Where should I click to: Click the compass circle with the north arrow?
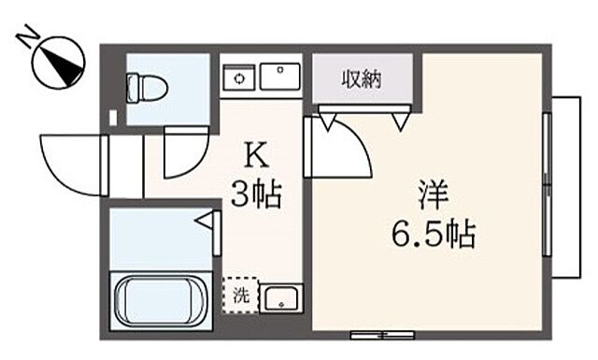pyautogui.click(x=58, y=62)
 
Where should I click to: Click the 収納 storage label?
pyautogui.click(x=361, y=80)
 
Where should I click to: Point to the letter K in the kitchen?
pyautogui.click(x=253, y=152)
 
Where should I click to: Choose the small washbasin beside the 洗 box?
pyautogui.click(x=279, y=298)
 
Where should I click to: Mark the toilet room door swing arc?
pyautogui.click(x=185, y=152)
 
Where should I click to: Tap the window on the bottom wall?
pyautogui.click(x=381, y=334)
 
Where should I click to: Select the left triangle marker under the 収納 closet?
pyautogui.click(x=327, y=119)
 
